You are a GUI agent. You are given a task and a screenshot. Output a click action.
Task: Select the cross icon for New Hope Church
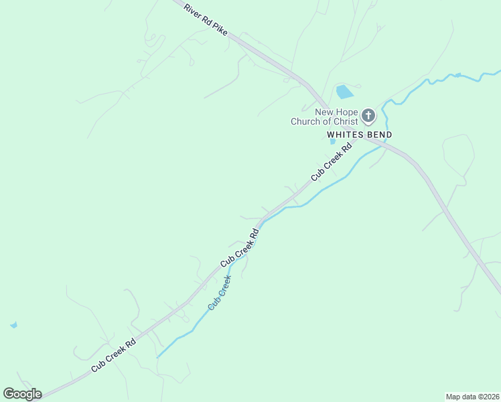pos(368,116)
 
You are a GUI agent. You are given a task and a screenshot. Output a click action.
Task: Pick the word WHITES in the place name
pos(344,135)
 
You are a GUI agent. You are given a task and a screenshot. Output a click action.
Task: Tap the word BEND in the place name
pos(378,135)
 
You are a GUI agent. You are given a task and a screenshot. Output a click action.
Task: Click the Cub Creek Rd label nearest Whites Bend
pos(331,163)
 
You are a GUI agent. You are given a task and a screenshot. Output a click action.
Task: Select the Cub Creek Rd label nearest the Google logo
pos(114,354)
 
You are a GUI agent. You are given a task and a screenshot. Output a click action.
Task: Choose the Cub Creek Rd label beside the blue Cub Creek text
pos(239,248)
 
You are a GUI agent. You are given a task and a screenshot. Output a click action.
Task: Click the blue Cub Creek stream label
pos(220,292)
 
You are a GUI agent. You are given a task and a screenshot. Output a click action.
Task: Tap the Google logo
pos(22,394)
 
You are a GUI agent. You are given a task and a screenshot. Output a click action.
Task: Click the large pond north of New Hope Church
pos(344,92)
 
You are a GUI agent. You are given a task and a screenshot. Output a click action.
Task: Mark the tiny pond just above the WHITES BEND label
pos(333,141)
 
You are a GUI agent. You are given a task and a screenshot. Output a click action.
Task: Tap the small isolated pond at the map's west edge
pos(13,325)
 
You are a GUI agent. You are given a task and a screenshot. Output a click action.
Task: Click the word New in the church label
pos(325,111)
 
